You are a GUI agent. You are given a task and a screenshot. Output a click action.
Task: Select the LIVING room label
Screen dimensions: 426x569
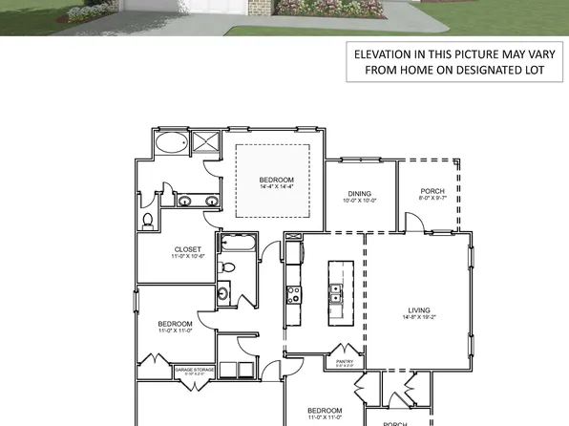tap(418, 310)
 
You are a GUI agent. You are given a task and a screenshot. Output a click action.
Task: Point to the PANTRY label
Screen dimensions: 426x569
tap(346, 361)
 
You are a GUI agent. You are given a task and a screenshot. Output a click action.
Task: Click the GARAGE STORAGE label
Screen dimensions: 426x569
tap(194, 368)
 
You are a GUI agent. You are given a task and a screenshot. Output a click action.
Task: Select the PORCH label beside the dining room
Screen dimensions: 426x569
tap(432, 191)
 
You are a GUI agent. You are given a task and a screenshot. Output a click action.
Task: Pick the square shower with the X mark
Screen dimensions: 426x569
tap(205, 143)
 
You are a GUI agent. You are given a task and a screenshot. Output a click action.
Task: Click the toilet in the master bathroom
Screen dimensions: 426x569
tap(147, 221)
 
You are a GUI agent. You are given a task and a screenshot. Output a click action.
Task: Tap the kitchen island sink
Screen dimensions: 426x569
tap(335, 298)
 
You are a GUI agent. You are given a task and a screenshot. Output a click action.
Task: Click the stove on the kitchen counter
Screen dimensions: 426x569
tap(292, 295)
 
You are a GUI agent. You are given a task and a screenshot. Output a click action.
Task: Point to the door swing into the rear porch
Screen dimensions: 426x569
tap(411, 222)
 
